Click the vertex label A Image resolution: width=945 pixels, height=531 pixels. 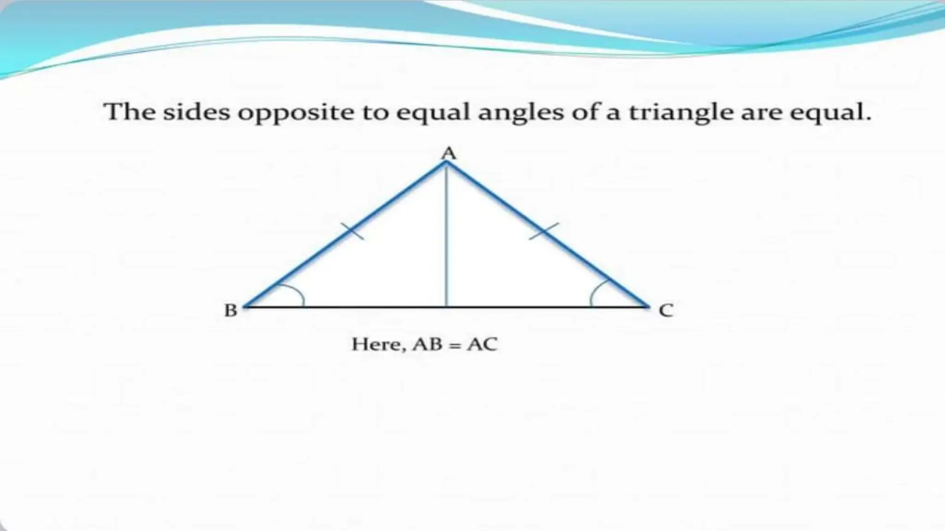(x=449, y=153)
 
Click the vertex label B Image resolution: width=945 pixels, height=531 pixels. (x=231, y=311)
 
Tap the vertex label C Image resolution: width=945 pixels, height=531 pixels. (x=666, y=311)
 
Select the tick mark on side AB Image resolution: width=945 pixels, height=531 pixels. (x=352, y=231)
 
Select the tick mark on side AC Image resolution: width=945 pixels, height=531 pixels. (x=544, y=231)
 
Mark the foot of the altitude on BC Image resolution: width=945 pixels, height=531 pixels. (x=446, y=306)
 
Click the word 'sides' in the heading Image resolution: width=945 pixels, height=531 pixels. (x=196, y=112)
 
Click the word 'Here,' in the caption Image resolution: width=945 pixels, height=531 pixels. (x=378, y=345)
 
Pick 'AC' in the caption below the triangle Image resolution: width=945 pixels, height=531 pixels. (x=482, y=344)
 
